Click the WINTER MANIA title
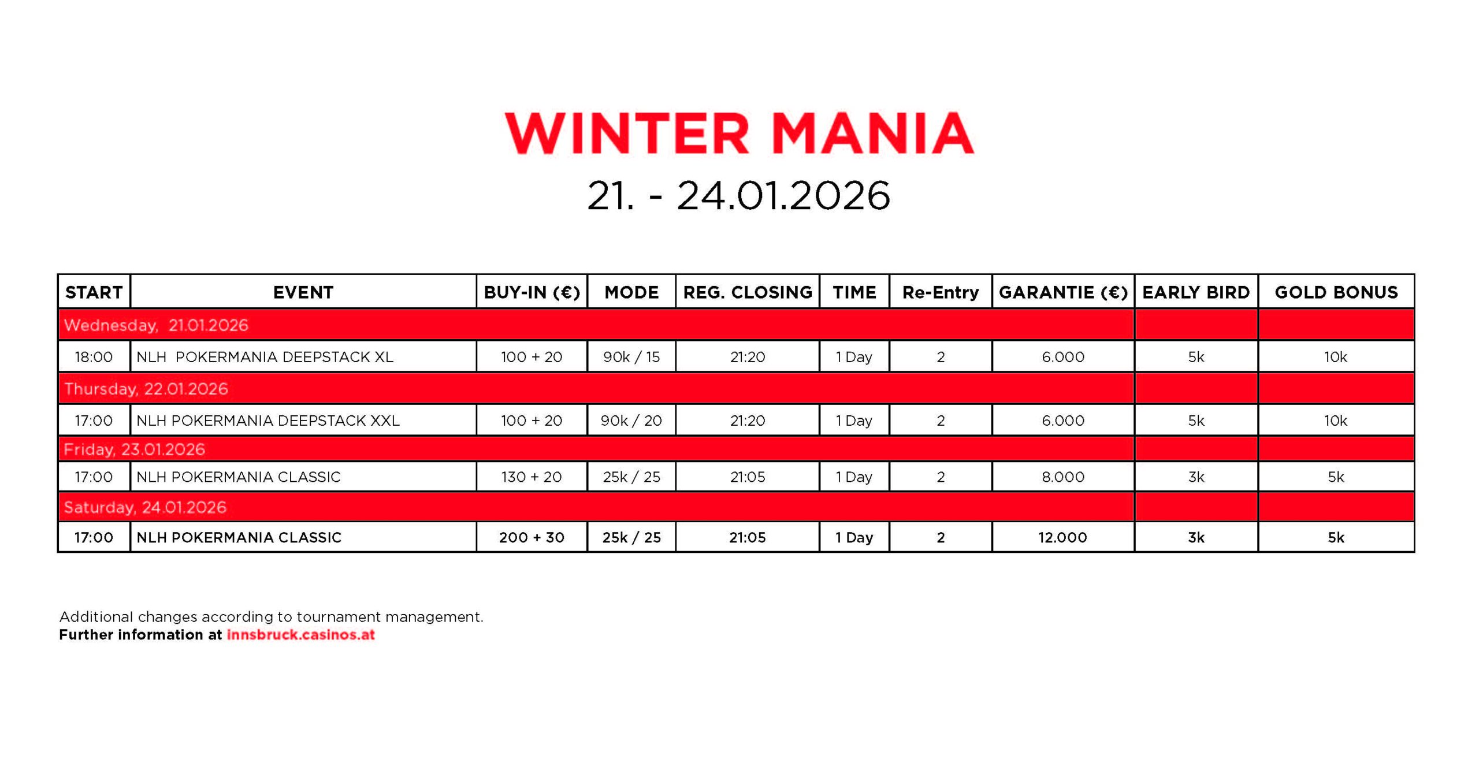(739, 133)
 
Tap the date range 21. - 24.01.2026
(738, 195)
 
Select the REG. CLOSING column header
(748, 292)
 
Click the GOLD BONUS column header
(1336, 292)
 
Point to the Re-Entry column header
(941, 293)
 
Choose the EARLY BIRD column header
(1196, 292)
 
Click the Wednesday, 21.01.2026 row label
(156, 325)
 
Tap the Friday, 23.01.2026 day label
(134, 449)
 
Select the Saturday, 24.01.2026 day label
(145, 507)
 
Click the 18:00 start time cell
(94, 357)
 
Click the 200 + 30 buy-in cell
(532, 537)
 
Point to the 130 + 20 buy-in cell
(532, 477)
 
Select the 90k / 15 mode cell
(631, 357)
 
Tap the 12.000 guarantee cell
(1062, 537)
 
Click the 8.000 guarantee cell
(1063, 477)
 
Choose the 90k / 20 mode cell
(631, 421)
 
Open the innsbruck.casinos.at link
(300, 634)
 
